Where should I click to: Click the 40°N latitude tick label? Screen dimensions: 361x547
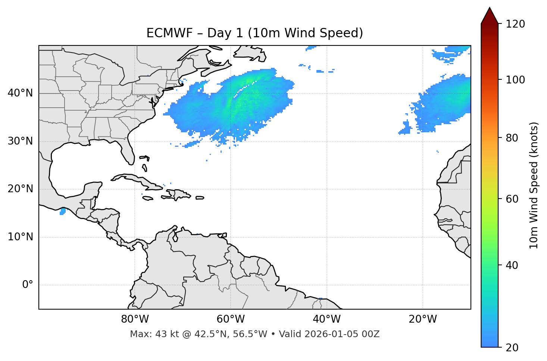tap(20, 93)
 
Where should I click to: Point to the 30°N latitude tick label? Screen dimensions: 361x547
tap(20, 141)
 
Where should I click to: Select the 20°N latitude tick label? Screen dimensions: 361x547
tap(20, 189)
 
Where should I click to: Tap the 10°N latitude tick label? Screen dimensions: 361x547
tap(20, 237)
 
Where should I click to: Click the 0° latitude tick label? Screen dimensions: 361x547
tap(28, 285)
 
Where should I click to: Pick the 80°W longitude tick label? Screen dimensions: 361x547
tap(135, 319)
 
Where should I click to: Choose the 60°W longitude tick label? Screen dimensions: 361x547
tap(231, 319)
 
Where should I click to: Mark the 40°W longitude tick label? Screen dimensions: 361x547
tap(326, 319)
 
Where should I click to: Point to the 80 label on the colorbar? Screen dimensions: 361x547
tap(513, 138)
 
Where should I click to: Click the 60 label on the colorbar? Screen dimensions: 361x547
tap(513, 199)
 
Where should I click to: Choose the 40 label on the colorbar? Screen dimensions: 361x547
tap(513, 265)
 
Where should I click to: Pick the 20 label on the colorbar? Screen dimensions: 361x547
tap(513, 348)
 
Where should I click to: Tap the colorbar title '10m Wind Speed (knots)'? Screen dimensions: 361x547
tap(534, 185)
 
